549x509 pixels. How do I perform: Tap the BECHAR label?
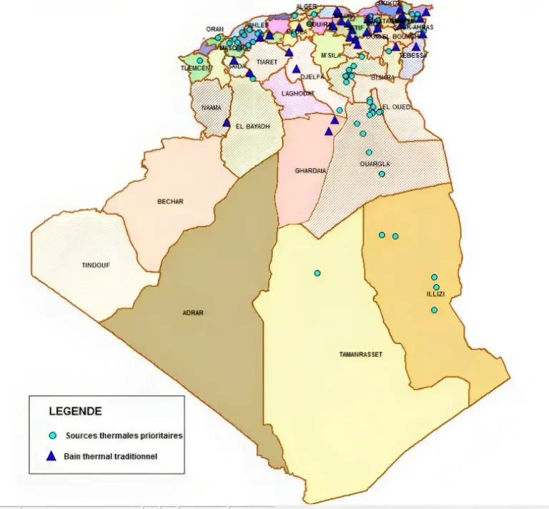pos(170,201)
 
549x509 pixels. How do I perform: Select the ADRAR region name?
pos(192,312)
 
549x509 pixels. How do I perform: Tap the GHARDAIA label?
pos(311,171)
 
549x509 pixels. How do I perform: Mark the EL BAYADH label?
pos(254,126)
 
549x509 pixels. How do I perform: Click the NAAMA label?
pos(212,108)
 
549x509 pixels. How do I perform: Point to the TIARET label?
pos(267,62)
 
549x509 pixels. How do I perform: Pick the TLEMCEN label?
pos(197,68)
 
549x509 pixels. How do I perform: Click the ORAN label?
pos(214,29)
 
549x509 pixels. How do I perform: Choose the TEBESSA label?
pos(413,55)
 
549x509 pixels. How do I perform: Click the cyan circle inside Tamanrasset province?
pos(317,273)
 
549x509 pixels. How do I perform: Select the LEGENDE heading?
pos(74,411)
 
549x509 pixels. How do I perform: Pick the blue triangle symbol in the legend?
pos(52,455)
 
